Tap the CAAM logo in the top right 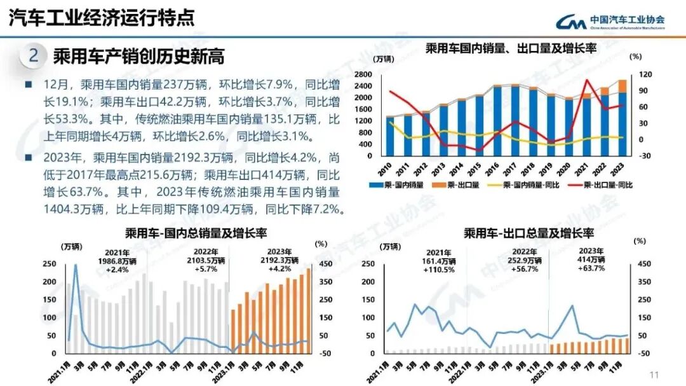click(610, 22)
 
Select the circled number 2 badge click(34, 56)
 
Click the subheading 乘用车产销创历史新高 click(138, 56)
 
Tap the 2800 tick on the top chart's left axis click(363, 74)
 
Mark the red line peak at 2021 click(587, 80)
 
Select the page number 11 click(654, 373)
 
